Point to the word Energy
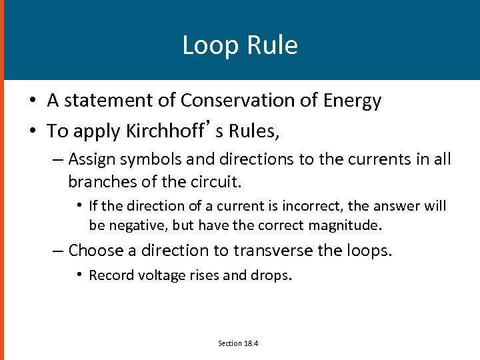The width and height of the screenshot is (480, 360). pyautogui.click(x=353, y=101)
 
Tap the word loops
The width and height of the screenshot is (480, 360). pyautogui.click(x=371, y=251)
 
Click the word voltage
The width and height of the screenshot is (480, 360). pyautogui.click(x=161, y=275)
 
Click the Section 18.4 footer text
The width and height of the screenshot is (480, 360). pyautogui.click(x=238, y=343)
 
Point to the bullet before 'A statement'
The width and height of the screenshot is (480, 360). pyautogui.click(x=33, y=101)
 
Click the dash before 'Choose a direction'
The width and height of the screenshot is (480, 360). pyautogui.click(x=59, y=251)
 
